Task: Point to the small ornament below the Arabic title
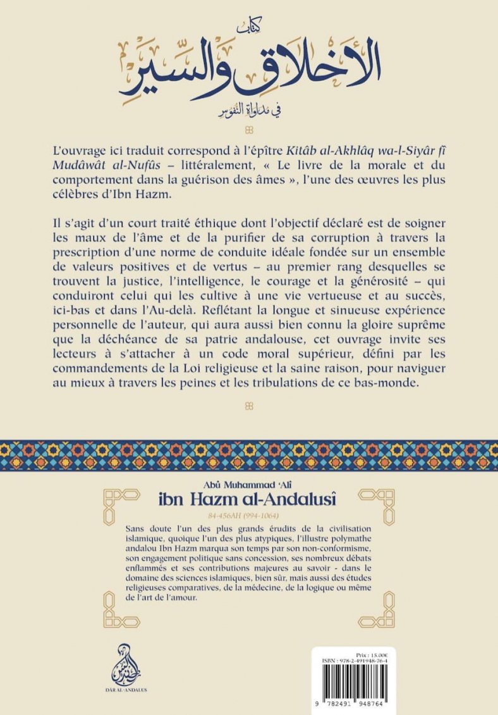click(248, 130)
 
